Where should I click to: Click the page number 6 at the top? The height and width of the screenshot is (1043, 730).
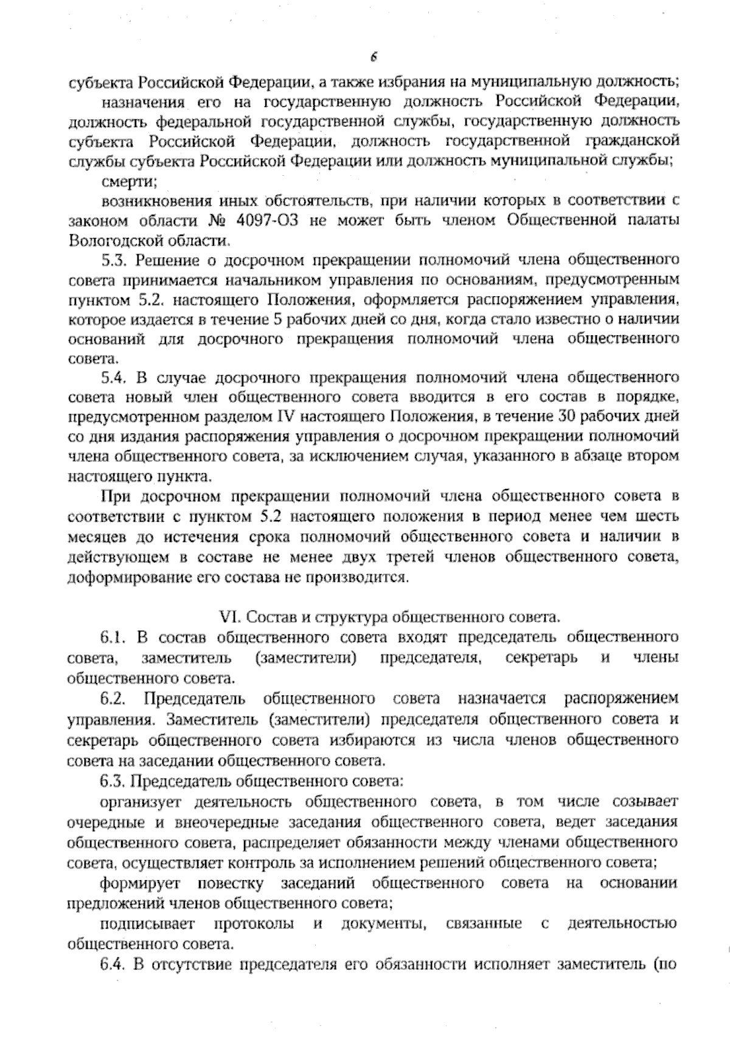(x=374, y=58)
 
